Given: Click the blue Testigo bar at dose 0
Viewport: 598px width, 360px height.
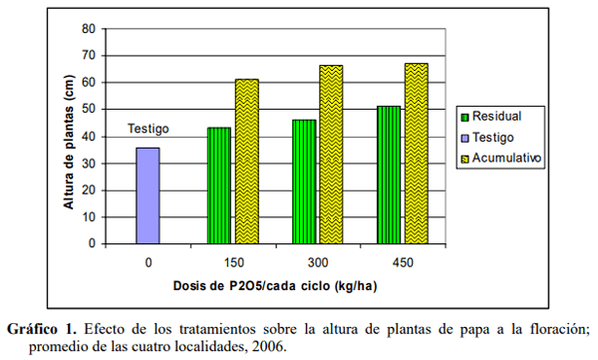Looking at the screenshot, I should tap(148, 195).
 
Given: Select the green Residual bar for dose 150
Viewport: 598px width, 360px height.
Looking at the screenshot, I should tap(218, 185).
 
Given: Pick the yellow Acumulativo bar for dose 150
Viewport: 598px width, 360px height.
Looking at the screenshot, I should tap(246, 162).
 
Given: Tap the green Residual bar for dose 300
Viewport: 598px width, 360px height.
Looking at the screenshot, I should tap(304, 181).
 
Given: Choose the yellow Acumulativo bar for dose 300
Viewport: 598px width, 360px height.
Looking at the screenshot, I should tap(331, 155).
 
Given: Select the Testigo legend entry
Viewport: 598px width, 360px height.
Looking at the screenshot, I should tap(494, 137).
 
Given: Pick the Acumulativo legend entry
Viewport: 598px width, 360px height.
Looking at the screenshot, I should tap(503, 158).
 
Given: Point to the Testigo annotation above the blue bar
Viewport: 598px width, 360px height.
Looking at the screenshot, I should tap(149, 129).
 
